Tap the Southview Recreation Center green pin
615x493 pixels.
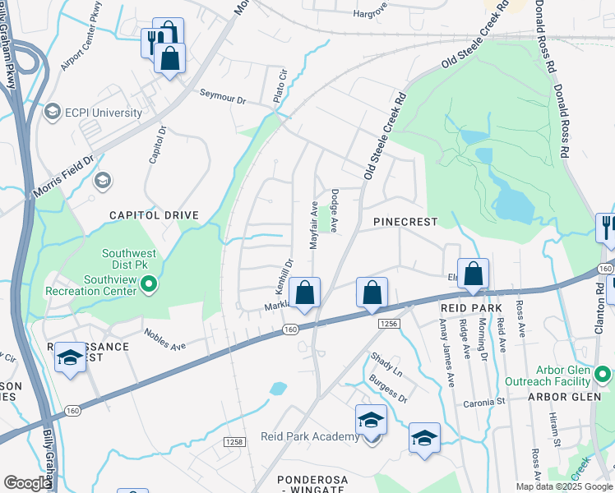tap(149, 286)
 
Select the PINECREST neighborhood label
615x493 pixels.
tap(405, 222)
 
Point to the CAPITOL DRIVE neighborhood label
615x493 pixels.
tap(155, 215)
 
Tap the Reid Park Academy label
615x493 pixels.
tap(310, 436)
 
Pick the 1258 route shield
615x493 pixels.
tap(234, 442)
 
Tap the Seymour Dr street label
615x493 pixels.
tap(223, 97)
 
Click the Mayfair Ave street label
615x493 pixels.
tap(313, 223)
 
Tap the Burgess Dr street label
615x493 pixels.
tap(388, 385)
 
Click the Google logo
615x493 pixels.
tap(27, 483)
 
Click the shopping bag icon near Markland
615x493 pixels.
tap(304, 293)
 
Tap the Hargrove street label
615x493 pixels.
tap(369, 13)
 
